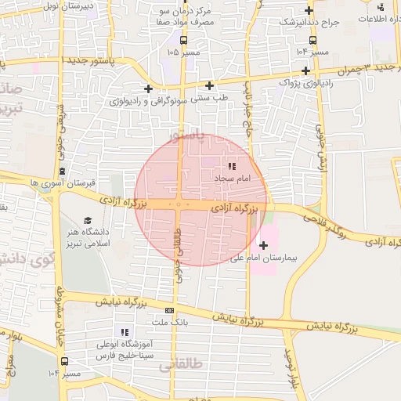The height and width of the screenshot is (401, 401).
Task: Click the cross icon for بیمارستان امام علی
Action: point(262,245)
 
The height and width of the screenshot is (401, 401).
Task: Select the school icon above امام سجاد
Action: point(231,166)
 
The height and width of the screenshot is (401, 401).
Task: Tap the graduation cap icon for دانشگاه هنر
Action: point(88,220)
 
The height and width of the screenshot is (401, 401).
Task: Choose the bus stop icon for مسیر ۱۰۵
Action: point(183,40)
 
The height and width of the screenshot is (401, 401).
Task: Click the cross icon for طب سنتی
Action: point(209,85)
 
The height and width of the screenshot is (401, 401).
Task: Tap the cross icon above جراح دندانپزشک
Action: point(310,11)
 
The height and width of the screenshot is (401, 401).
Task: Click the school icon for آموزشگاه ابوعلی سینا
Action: point(124,332)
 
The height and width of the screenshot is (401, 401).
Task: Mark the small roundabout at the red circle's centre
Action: point(179,205)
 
